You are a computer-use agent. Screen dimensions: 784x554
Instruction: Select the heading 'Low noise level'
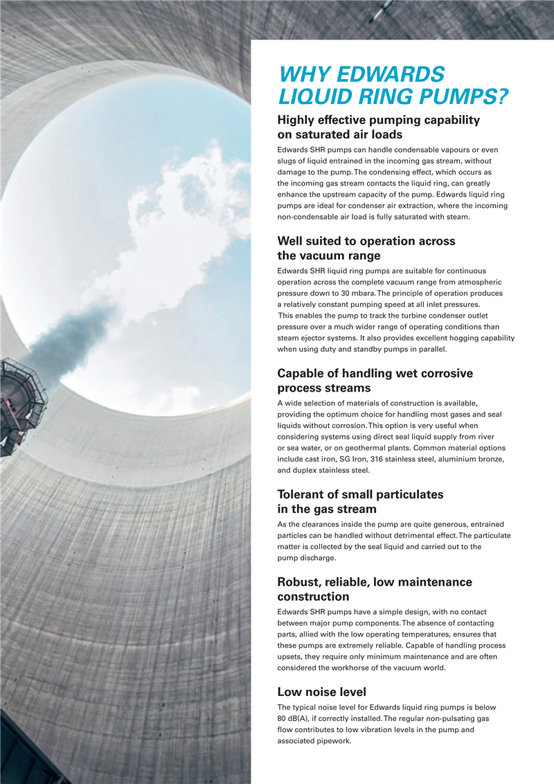321,691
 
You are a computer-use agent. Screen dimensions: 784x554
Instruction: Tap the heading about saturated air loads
378,127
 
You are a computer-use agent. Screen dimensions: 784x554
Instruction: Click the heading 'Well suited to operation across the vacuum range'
366,248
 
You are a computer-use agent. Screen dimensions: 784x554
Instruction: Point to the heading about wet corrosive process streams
375,381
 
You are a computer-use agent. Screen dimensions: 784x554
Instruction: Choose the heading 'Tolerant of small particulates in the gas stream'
360,502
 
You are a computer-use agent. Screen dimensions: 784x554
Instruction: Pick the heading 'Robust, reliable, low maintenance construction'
374,589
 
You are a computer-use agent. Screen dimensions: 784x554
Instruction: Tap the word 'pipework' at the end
334,740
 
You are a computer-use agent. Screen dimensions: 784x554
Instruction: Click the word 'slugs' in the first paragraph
288,161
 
